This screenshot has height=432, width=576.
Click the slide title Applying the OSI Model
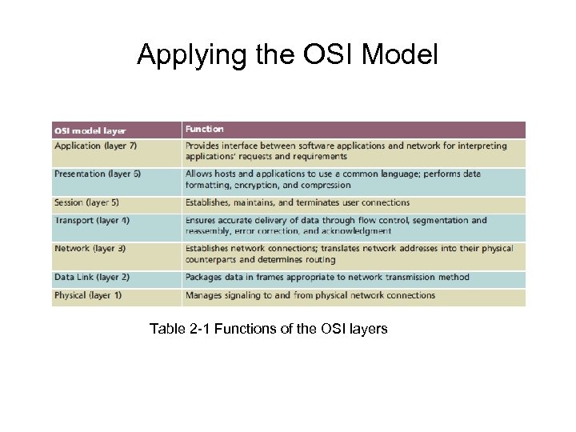pos(287,55)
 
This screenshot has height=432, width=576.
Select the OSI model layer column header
pos(90,130)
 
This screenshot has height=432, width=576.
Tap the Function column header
pos(205,129)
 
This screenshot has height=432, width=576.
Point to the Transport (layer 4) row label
pos(91,220)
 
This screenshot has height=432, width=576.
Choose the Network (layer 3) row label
pos(90,249)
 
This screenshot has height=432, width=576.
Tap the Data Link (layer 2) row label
pos(91,278)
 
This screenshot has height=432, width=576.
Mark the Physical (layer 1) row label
pos(88,295)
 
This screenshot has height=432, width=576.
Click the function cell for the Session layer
pos(298,203)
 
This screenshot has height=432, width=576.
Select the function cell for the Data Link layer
pos(327,278)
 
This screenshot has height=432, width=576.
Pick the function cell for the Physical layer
pos(310,295)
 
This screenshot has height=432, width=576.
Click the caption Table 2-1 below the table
pos(268,329)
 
